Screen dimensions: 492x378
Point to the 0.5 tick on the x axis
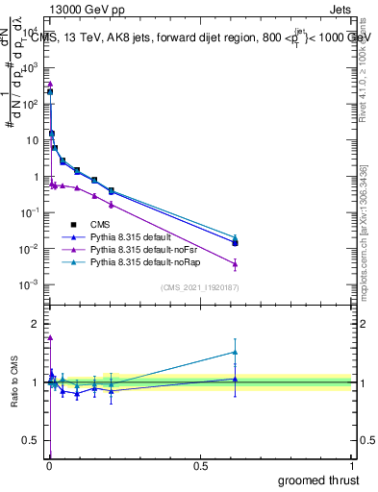[x=200, y=467]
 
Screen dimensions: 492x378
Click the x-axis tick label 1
[x=351, y=467]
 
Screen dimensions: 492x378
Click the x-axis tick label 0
[x=49, y=467]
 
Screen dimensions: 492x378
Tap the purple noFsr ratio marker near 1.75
[x=50, y=337]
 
